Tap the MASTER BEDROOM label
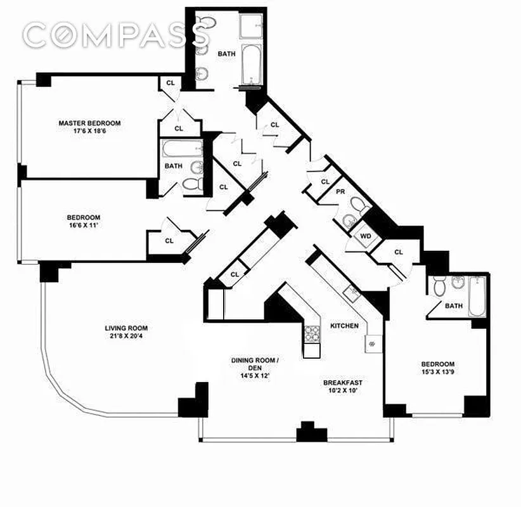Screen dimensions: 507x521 (89, 123)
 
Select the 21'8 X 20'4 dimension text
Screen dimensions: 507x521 (126, 337)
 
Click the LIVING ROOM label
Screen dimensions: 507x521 (126, 328)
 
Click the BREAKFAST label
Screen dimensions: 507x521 (342, 382)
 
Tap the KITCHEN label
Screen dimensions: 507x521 (344, 325)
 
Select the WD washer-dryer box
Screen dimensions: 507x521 (364, 236)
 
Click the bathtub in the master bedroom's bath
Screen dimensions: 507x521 (180, 150)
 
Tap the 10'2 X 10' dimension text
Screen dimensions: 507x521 (342, 391)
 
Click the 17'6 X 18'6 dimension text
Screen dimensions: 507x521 (89, 131)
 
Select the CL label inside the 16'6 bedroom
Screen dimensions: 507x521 (169, 240)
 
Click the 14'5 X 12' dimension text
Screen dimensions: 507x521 (254, 375)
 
